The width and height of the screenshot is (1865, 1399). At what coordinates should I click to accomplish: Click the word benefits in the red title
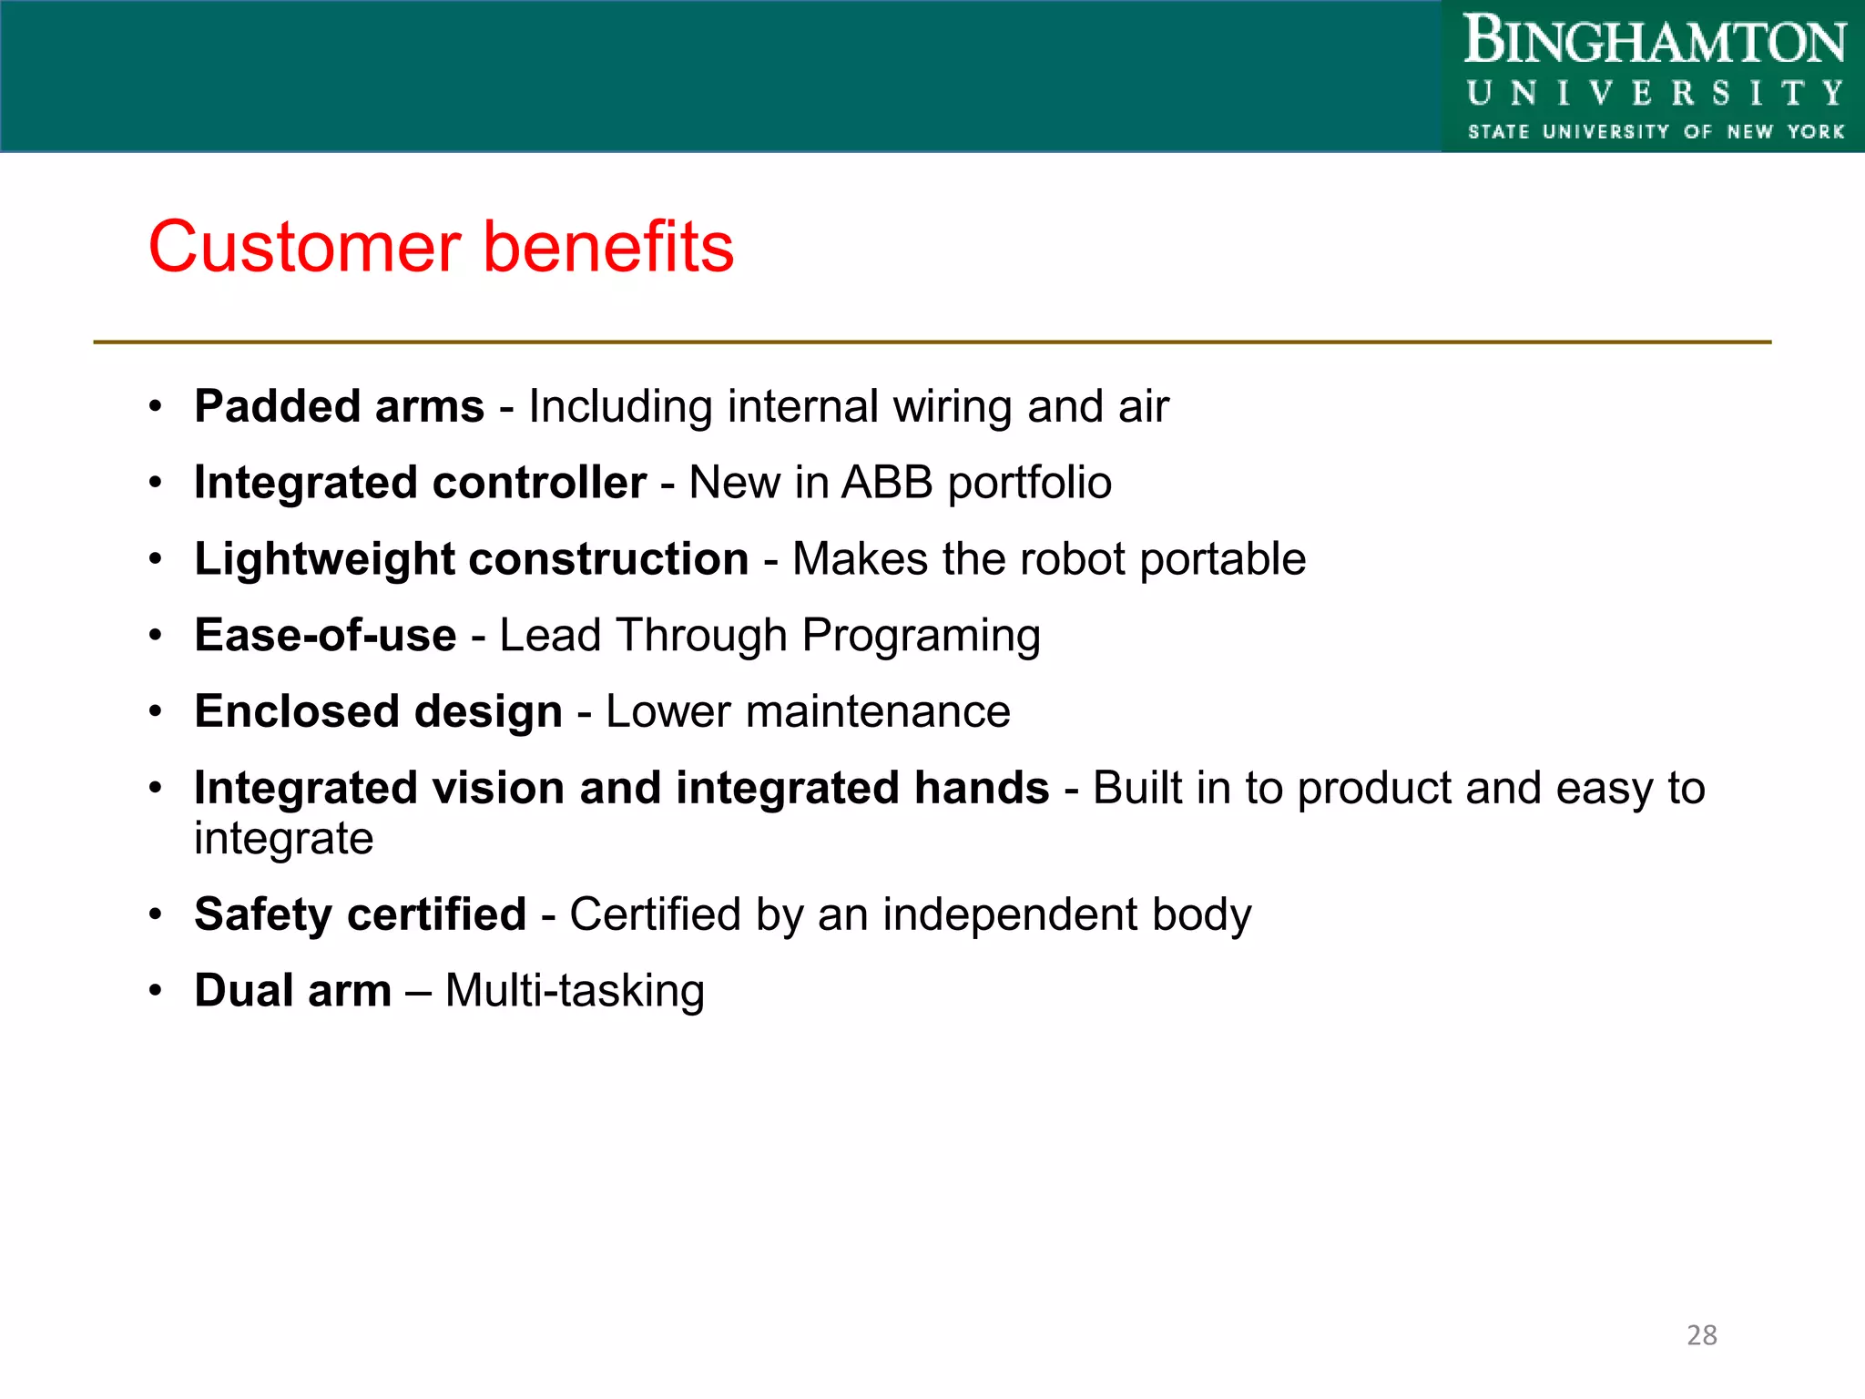[607, 248]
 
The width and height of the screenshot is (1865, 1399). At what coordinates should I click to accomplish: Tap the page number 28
[1701, 1335]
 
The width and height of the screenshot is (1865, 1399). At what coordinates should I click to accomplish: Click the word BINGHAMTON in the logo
[1654, 43]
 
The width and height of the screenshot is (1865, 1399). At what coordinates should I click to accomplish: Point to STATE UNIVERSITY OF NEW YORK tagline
[1656, 132]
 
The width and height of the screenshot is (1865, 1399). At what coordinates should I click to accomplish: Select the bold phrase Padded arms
[339, 406]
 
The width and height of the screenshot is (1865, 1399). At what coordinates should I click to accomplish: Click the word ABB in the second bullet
[887, 483]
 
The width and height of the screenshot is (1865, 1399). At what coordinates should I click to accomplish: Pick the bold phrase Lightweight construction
[471, 559]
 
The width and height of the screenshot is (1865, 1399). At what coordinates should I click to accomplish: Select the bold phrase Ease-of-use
[325, 635]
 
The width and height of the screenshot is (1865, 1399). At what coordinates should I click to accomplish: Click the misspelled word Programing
[921, 637]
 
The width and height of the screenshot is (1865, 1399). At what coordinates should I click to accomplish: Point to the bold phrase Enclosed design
[378, 711]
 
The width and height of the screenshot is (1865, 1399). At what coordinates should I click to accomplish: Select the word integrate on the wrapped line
[283, 839]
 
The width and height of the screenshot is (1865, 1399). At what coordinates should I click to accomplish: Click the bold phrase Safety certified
[360, 914]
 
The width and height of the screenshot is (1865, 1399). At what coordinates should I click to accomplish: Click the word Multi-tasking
[575, 991]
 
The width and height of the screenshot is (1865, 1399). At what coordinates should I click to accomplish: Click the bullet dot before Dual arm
[156, 990]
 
